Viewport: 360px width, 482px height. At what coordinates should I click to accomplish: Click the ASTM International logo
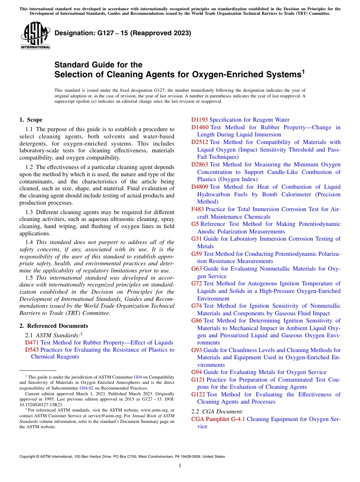click(x=35, y=36)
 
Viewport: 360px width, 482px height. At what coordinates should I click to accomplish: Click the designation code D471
click(x=32, y=343)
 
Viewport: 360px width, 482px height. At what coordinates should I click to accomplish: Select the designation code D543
click(x=32, y=350)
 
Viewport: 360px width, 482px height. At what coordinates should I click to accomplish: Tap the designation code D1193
click(x=199, y=120)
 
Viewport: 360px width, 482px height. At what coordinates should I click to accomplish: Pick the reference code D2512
click(x=199, y=142)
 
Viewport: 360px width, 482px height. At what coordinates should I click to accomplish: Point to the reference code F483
click(x=197, y=209)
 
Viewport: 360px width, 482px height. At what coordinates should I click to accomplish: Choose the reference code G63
click(x=197, y=269)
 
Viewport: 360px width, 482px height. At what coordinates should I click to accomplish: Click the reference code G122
click(x=198, y=394)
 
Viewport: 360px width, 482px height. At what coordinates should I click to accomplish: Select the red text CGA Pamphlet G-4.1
click(x=218, y=419)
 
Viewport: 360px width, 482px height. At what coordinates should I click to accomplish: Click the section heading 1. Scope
click(x=31, y=120)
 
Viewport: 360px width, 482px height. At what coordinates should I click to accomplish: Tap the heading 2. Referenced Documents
click(x=53, y=326)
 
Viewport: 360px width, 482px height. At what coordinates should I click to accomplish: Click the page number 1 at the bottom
click(x=180, y=466)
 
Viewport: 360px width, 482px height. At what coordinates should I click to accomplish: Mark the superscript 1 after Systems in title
click(x=303, y=71)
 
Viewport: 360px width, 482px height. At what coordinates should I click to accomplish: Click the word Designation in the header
click(x=70, y=33)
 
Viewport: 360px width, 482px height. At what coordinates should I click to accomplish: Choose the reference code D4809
click(x=199, y=187)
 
